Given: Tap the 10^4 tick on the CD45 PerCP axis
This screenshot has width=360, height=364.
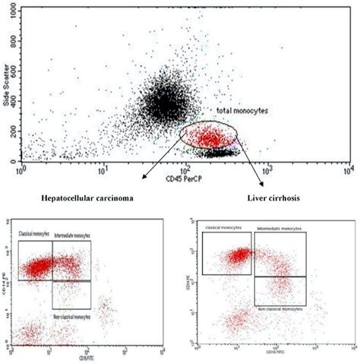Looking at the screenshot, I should [347, 169].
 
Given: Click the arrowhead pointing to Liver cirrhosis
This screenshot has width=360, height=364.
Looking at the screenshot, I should [263, 184].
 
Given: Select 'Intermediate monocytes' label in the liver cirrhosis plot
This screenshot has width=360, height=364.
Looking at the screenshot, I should [280, 228].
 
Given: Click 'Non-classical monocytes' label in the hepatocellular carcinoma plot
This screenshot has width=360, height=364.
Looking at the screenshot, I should [72, 313].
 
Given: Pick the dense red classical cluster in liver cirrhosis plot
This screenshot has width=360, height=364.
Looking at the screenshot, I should [242, 255].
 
